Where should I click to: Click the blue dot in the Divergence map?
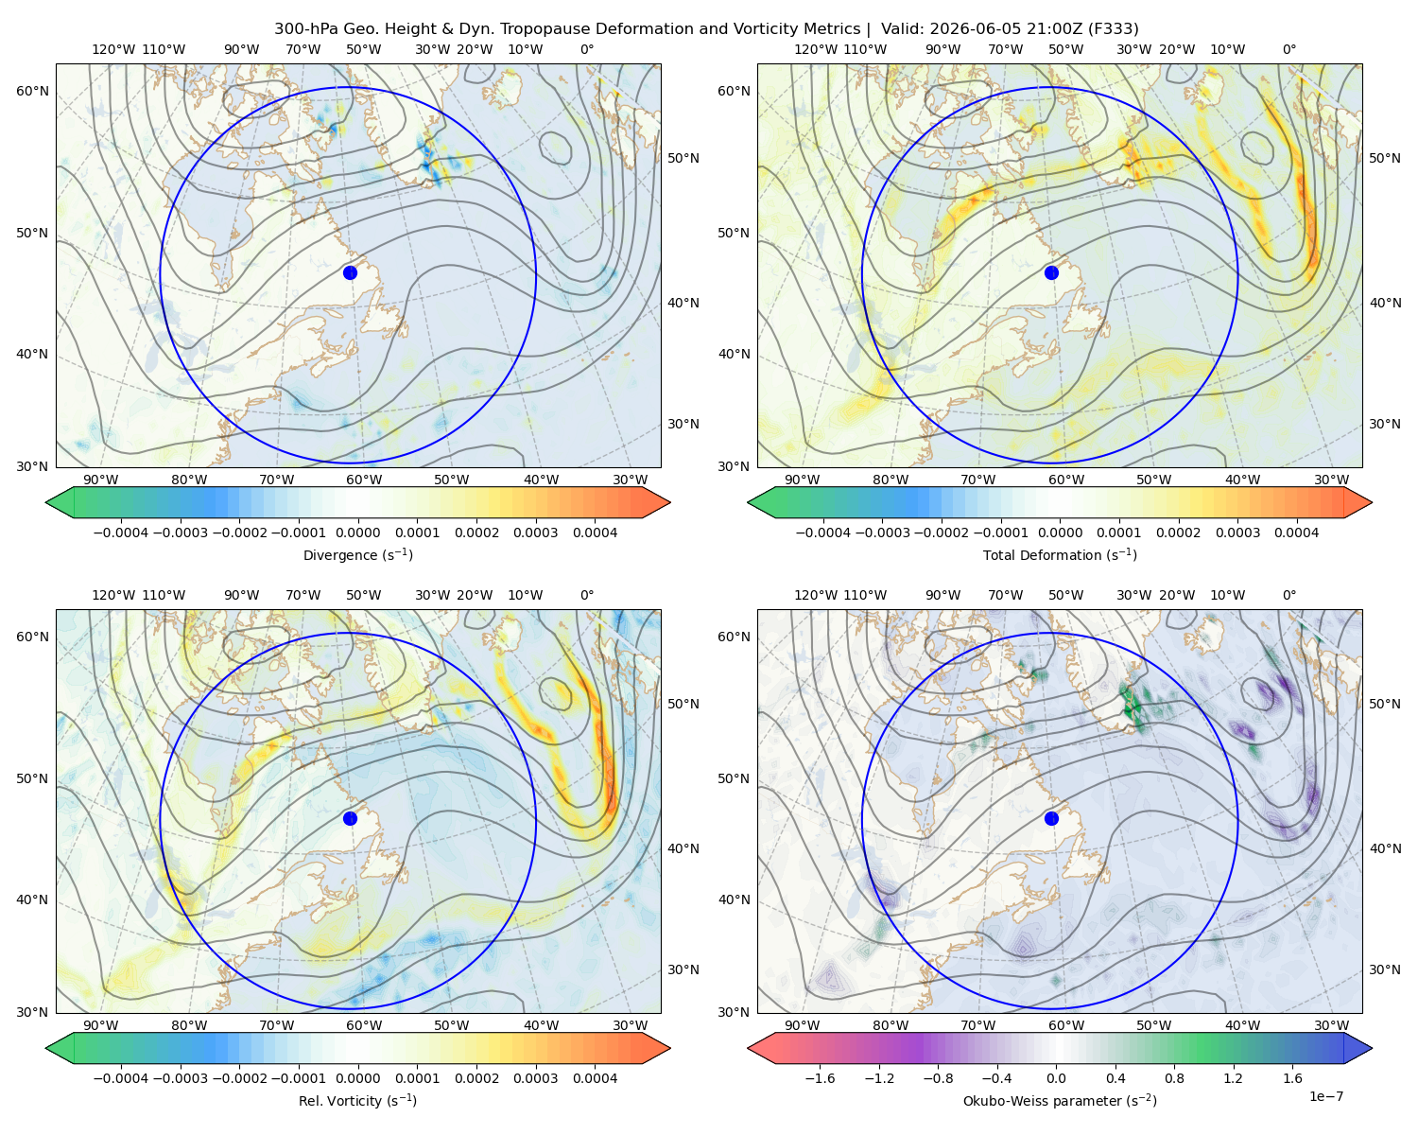350,272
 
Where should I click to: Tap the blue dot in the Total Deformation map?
1051,272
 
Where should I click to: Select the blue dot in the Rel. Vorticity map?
350,818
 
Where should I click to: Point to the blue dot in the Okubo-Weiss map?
1051,818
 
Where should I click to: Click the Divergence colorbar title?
357,554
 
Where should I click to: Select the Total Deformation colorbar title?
1060,554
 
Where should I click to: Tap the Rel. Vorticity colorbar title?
357,1100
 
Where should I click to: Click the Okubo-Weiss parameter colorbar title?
1060,1100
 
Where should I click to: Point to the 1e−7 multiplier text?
1325,1096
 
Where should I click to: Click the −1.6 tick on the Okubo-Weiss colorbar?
820,1078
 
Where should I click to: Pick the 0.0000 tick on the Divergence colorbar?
357,533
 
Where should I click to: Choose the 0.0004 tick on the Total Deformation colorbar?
1296,533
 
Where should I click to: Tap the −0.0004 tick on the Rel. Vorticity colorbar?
121,1078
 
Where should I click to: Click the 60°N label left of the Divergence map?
32,91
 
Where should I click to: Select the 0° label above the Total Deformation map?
1288,49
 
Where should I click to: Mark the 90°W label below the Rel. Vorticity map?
101,1025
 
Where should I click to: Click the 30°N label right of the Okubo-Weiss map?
1385,969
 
